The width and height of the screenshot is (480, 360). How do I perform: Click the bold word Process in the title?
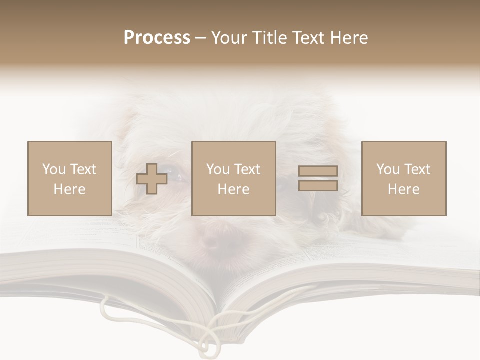click(157, 38)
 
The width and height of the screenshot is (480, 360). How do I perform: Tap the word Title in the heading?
click(270, 38)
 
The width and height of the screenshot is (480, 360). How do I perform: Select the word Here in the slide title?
click(348, 38)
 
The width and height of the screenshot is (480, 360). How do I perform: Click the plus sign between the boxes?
click(152, 178)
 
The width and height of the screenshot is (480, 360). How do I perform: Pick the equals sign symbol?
click(318, 178)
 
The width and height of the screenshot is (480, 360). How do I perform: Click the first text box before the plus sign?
click(70, 178)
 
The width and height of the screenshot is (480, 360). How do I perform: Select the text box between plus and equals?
click(234, 178)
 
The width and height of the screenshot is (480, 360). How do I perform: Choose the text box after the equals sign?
click(404, 178)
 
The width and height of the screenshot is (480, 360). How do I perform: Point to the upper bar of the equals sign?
click(318, 171)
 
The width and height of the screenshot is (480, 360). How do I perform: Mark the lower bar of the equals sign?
click(318, 186)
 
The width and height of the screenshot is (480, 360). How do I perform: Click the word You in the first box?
click(54, 169)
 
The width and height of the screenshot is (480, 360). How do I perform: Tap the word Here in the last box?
click(404, 189)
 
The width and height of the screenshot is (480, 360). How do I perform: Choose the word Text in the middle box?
click(247, 169)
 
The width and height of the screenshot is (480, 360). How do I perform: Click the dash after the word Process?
click(200, 38)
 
